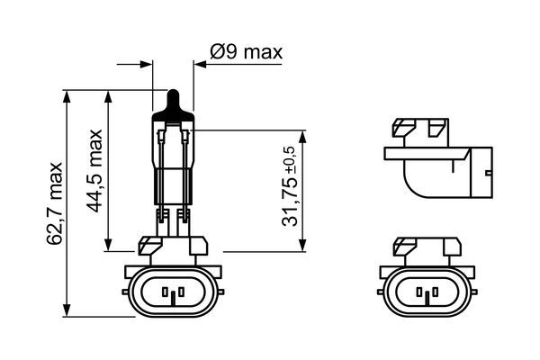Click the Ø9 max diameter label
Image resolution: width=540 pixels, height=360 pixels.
[x=246, y=52]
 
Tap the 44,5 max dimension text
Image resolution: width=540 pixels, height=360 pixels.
[x=95, y=171]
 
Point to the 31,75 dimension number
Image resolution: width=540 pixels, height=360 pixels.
[x=292, y=202]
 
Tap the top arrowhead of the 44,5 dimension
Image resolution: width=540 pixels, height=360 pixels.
[x=108, y=95]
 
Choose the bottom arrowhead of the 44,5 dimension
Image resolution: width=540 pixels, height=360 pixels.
[x=108, y=248]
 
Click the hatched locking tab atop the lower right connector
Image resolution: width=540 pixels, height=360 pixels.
[x=405, y=244]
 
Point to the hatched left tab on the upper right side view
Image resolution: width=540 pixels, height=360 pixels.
[x=405, y=127]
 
